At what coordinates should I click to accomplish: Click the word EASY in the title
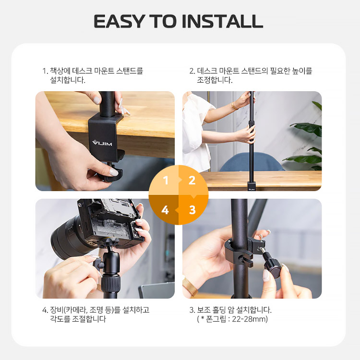(119, 21)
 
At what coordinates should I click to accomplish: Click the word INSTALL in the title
(222, 21)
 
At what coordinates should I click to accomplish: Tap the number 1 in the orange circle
(166, 180)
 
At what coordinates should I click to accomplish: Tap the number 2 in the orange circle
(192, 180)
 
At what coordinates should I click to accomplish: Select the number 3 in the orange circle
(192, 210)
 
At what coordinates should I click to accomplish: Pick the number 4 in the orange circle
(165, 210)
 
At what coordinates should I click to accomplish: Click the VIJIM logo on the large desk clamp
(102, 143)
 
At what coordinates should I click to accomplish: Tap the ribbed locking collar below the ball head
(111, 284)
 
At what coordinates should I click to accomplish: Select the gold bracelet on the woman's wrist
(234, 106)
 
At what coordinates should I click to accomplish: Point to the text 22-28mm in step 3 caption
(250, 319)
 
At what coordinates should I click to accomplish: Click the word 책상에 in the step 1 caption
(60, 71)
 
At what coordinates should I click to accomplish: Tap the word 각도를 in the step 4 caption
(60, 319)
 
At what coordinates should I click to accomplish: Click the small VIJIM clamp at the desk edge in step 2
(252, 186)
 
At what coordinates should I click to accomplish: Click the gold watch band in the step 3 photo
(190, 286)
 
